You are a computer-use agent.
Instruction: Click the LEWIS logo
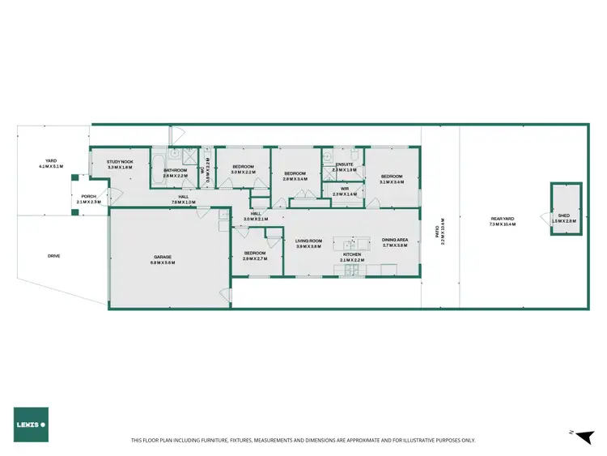click(31, 424)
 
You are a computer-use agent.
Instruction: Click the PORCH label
click(87, 198)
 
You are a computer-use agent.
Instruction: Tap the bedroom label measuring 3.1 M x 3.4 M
click(392, 178)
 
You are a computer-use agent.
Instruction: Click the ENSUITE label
click(344, 167)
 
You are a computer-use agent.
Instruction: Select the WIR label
click(344, 191)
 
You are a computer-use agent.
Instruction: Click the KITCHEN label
click(353, 256)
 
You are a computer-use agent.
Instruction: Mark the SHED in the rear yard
click(564, 209)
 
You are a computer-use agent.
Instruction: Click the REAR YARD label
click(503, 221)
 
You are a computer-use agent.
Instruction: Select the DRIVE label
click(53, 256)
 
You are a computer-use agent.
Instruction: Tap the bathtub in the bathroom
click(159, 159)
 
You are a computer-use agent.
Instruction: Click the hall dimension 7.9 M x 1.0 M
click(184, 201)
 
